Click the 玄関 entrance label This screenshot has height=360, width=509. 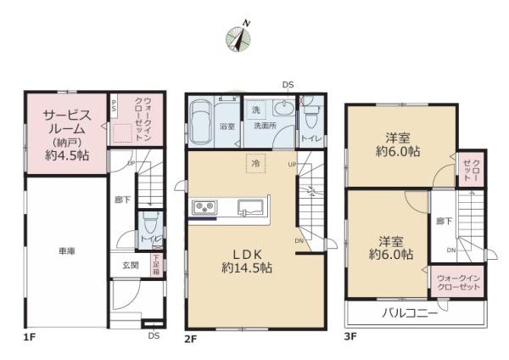click(x=130, y=266)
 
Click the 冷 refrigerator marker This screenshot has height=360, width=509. click(x=254, y=162)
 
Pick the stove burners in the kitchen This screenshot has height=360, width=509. click(x=206, y=206)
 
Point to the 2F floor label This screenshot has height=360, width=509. click(x=191, y=339)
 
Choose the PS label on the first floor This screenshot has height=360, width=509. click(x=114, y=104)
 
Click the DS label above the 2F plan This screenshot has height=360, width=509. click(x=288, y=85)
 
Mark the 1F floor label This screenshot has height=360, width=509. click(x=30, y=339)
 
